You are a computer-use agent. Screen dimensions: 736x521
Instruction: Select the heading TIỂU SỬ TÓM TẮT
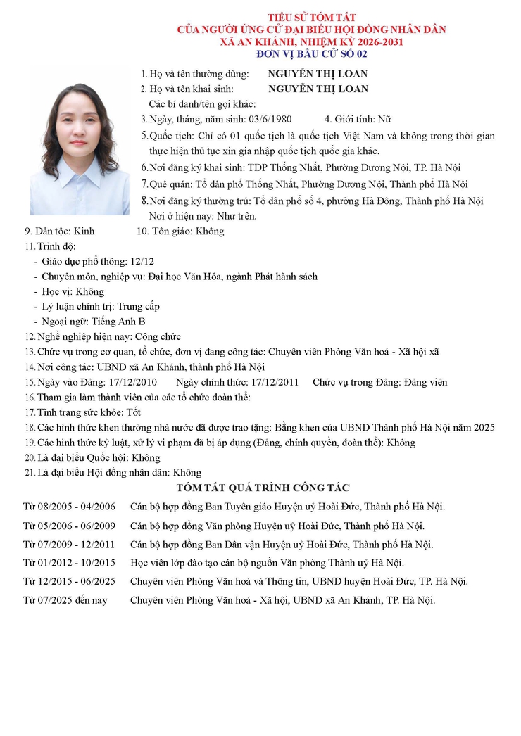311,17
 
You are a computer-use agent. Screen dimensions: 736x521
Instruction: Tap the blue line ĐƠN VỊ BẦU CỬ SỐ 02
311,53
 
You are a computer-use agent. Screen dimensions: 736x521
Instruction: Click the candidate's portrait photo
79,150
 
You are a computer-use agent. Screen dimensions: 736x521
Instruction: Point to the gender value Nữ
384,119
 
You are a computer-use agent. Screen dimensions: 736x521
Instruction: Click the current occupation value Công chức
158,337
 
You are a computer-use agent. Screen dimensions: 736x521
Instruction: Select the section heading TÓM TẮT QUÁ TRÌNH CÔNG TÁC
263,488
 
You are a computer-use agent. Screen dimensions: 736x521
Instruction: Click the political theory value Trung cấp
138,306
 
